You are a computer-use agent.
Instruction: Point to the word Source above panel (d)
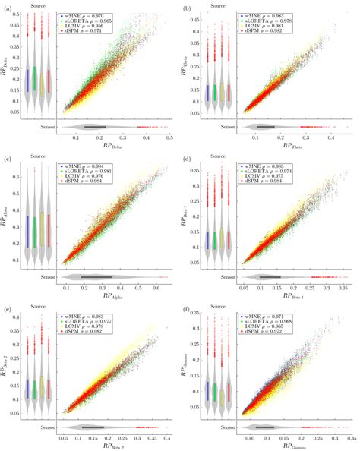coord(213,158)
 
